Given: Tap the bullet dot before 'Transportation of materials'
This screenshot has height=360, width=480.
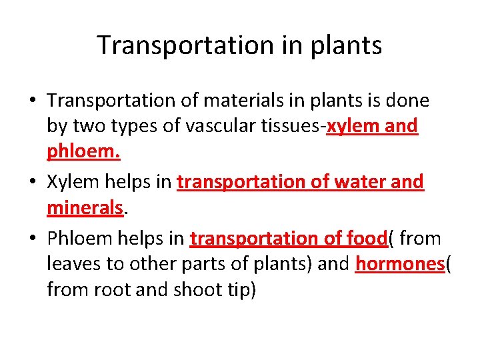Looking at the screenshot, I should coord(32,101).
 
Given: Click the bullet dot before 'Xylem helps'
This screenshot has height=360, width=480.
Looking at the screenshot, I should coord(32,182).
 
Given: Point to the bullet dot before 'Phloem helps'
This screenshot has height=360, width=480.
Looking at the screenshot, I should coord(32,239).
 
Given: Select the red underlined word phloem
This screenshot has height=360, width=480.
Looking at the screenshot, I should coord(83,153).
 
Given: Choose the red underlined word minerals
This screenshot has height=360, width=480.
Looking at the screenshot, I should coord(85,208).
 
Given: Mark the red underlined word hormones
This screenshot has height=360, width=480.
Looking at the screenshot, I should coord(399,264).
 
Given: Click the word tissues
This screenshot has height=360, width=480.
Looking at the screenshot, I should coord(287,126).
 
